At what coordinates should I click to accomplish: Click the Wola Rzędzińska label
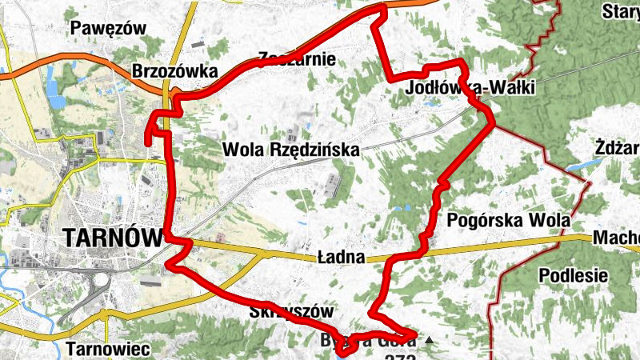point(291,149)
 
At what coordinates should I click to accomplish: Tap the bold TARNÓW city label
point(112,238)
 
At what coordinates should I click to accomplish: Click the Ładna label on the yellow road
point(341,258)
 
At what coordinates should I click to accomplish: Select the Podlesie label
point(573,275)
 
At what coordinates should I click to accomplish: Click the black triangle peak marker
point(430,341)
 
